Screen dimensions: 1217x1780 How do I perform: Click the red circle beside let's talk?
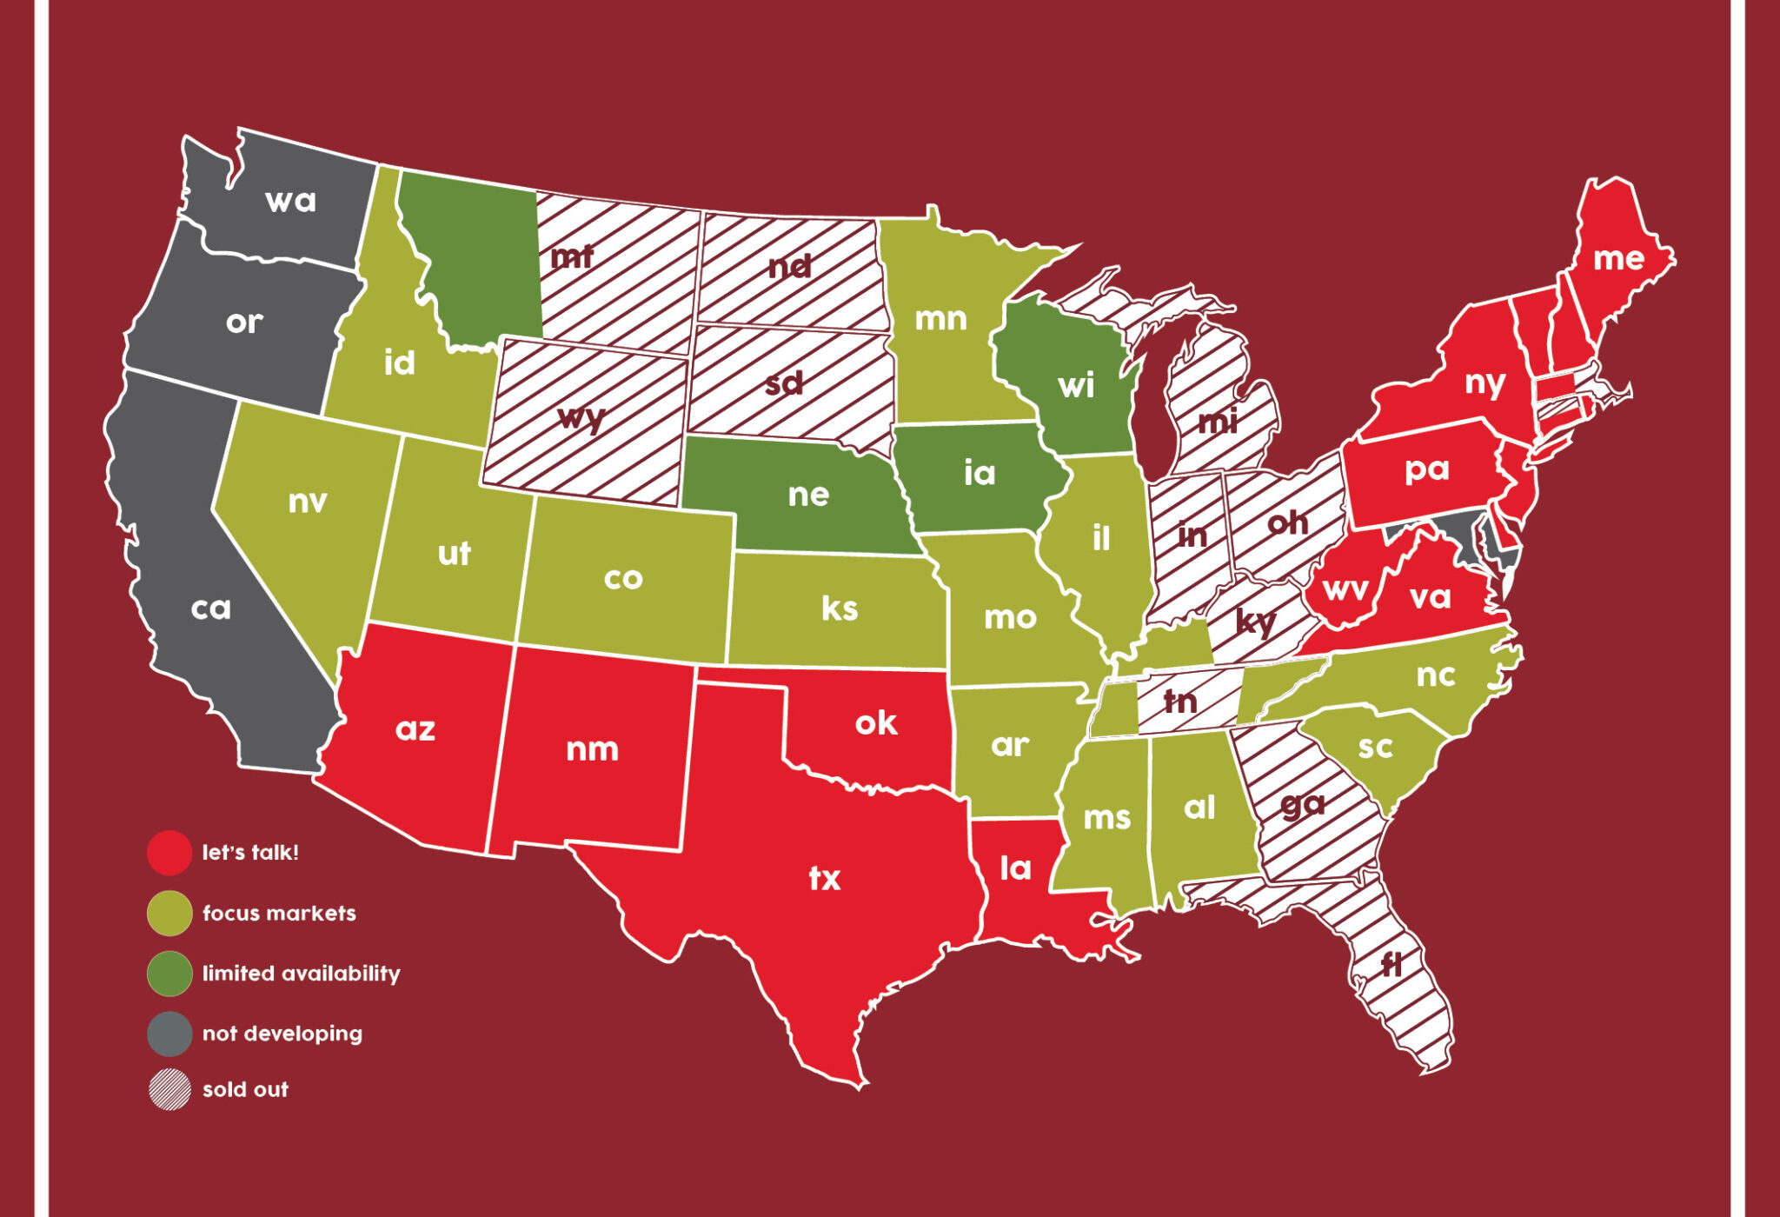(x=169, y=853)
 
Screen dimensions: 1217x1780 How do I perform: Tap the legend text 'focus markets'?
(x=279, y=914)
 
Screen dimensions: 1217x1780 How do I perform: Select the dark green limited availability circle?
(x=169, y=974)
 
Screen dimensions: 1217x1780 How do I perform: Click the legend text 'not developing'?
(x=282, y=1034)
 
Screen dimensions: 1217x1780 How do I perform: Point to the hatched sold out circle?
(x=169, y=1089)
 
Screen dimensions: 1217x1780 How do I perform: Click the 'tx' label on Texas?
(x=825, y=878)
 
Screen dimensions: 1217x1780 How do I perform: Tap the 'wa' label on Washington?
(x=290, y=201)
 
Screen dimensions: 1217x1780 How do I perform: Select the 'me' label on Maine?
(x=1618, y=258)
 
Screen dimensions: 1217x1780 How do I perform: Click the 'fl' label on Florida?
(x=1391, y=963)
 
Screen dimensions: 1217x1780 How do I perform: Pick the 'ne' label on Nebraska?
(x=808, y=495)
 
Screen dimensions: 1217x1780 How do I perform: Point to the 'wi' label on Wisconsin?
(x=1076, y=385)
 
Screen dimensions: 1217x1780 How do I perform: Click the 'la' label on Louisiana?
(x=1015, y=868)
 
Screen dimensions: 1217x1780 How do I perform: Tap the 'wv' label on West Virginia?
(x=1345, y=590)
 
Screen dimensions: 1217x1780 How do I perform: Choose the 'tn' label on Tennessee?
(x=1180, y=701)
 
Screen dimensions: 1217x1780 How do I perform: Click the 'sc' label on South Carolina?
(x=1375, y=747)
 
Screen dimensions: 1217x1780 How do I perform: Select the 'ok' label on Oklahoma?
(x=875, y=722)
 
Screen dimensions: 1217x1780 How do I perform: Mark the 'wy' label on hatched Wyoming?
(x=581, y=418)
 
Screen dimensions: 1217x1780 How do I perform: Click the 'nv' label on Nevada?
(x=308, y=502)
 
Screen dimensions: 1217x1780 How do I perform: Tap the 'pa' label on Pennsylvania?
(x=1426, y=469)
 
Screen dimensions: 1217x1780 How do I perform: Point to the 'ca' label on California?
(x=211, y=608)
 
